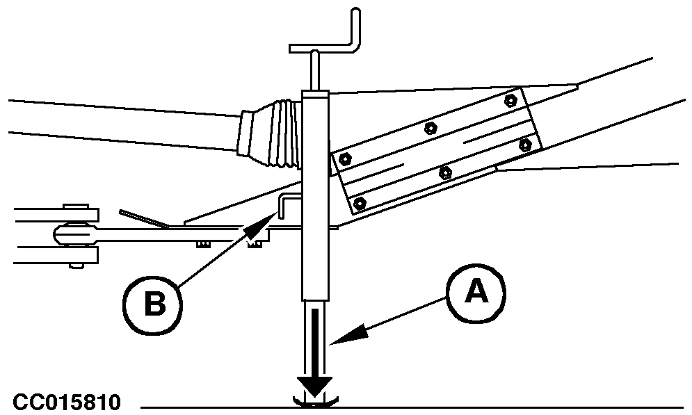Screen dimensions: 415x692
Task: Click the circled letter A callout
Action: click(x=476, y=293)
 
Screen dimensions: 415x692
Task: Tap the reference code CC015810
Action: click(x=67, y=402)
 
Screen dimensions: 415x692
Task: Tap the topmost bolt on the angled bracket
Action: click(x=510, y=99)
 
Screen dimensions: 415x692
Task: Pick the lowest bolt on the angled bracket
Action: click(x=359, y=202)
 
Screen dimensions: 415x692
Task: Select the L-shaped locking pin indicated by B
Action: click(x=289, y=202)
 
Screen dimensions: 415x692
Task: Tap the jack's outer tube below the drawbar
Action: click(x=314, y=264)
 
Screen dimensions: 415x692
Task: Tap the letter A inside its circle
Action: click(x=476, y=293)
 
